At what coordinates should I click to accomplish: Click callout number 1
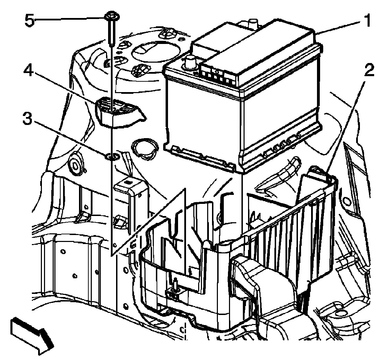point(366,22)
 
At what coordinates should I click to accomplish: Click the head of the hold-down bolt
point(111,18)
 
